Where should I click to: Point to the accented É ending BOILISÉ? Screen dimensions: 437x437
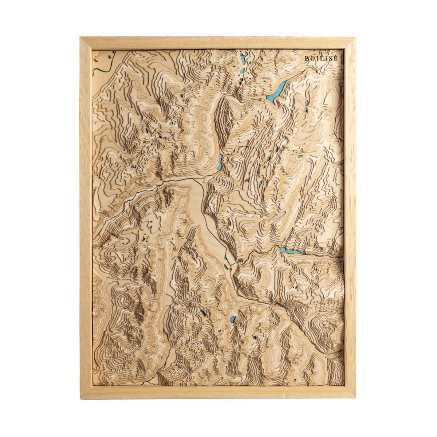click(335, 58)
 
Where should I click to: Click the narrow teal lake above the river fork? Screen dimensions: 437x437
click(220, 162)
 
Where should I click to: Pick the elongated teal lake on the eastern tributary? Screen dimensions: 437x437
click(291, 251)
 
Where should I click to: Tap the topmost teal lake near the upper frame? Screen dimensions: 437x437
click(243, 57)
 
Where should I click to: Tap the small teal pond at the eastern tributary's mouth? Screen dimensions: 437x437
click(239, 261)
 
